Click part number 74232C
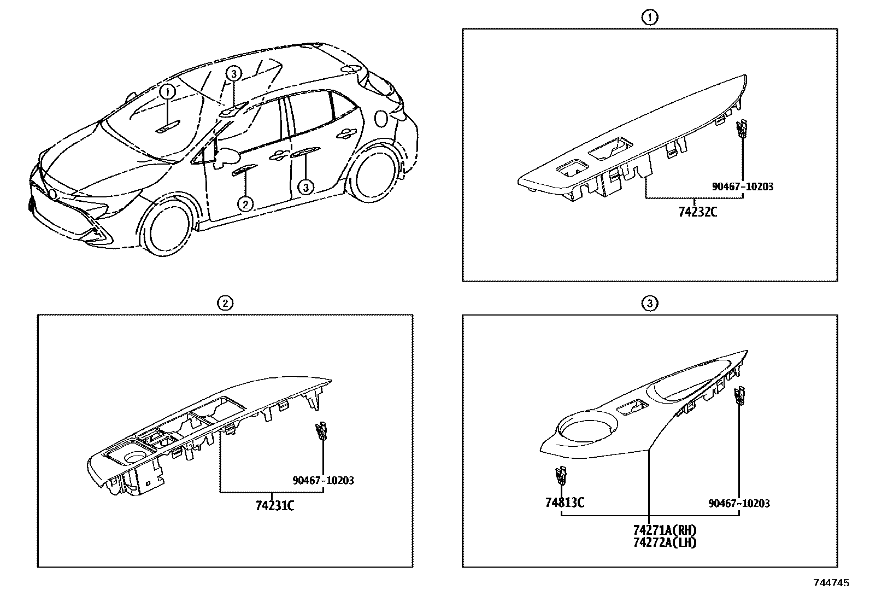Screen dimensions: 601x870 tap(697, 212)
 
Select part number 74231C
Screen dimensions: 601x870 tap(275, 506)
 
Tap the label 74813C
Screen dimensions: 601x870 tap(564, 502)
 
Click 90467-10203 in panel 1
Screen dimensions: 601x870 tap(743, 186)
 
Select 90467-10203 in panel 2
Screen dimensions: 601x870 tap(323, 481)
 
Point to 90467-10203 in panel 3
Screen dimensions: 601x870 tap(739, 503)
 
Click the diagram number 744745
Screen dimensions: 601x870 tap(831, 584)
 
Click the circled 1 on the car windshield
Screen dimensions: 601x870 tap(168, 91)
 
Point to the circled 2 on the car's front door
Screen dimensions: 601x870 tap(245, 204)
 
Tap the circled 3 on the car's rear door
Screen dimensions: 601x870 tap(306, 188)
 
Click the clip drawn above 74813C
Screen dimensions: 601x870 tap(561, 476)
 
